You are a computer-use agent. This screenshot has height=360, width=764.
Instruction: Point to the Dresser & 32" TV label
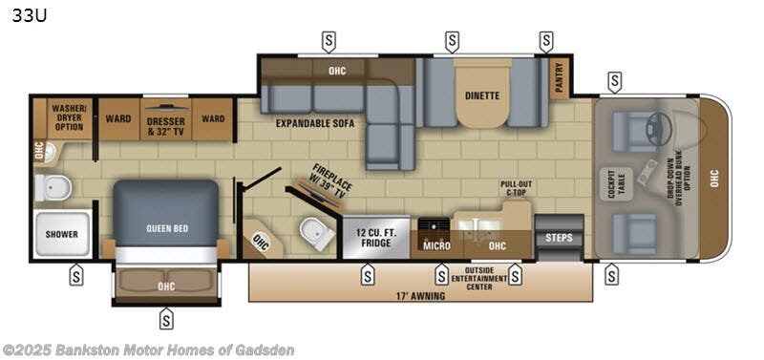164,125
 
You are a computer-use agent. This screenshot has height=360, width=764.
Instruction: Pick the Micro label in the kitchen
436,245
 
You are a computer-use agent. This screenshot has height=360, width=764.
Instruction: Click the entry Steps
557,237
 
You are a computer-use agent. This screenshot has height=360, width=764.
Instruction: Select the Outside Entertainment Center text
478,278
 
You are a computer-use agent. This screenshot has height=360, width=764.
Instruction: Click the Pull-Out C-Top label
515,187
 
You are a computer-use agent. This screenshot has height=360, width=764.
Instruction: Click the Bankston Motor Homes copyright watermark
148,349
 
